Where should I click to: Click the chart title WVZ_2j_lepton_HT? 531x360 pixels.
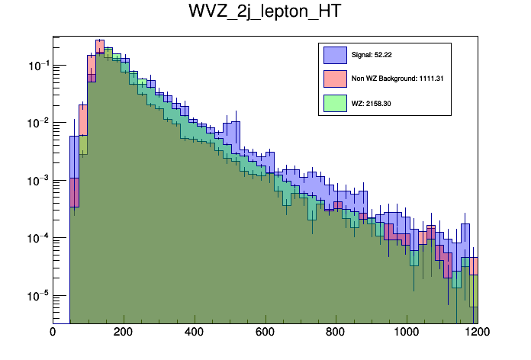(x=265, y=14)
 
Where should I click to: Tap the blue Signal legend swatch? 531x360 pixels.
(x=335, y=55)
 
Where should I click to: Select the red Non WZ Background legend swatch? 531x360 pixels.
(x=335, y=78)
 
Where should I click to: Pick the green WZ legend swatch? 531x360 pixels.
(x=335, y=101)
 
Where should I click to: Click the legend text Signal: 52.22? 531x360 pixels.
(x=371, y=55)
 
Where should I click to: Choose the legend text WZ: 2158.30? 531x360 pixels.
(x=368, y=101)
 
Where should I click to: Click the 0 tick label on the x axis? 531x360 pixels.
(x=53, y=333)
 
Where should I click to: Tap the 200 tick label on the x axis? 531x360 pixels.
(x=124, y=333)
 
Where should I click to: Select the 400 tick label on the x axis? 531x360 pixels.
(x=194, y=333)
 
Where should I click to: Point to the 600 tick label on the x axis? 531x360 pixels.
(x=265, y=333)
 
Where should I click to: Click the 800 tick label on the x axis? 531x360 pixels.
(x=335, y=333)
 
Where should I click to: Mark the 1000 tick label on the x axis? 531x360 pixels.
(x=406, y=333)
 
